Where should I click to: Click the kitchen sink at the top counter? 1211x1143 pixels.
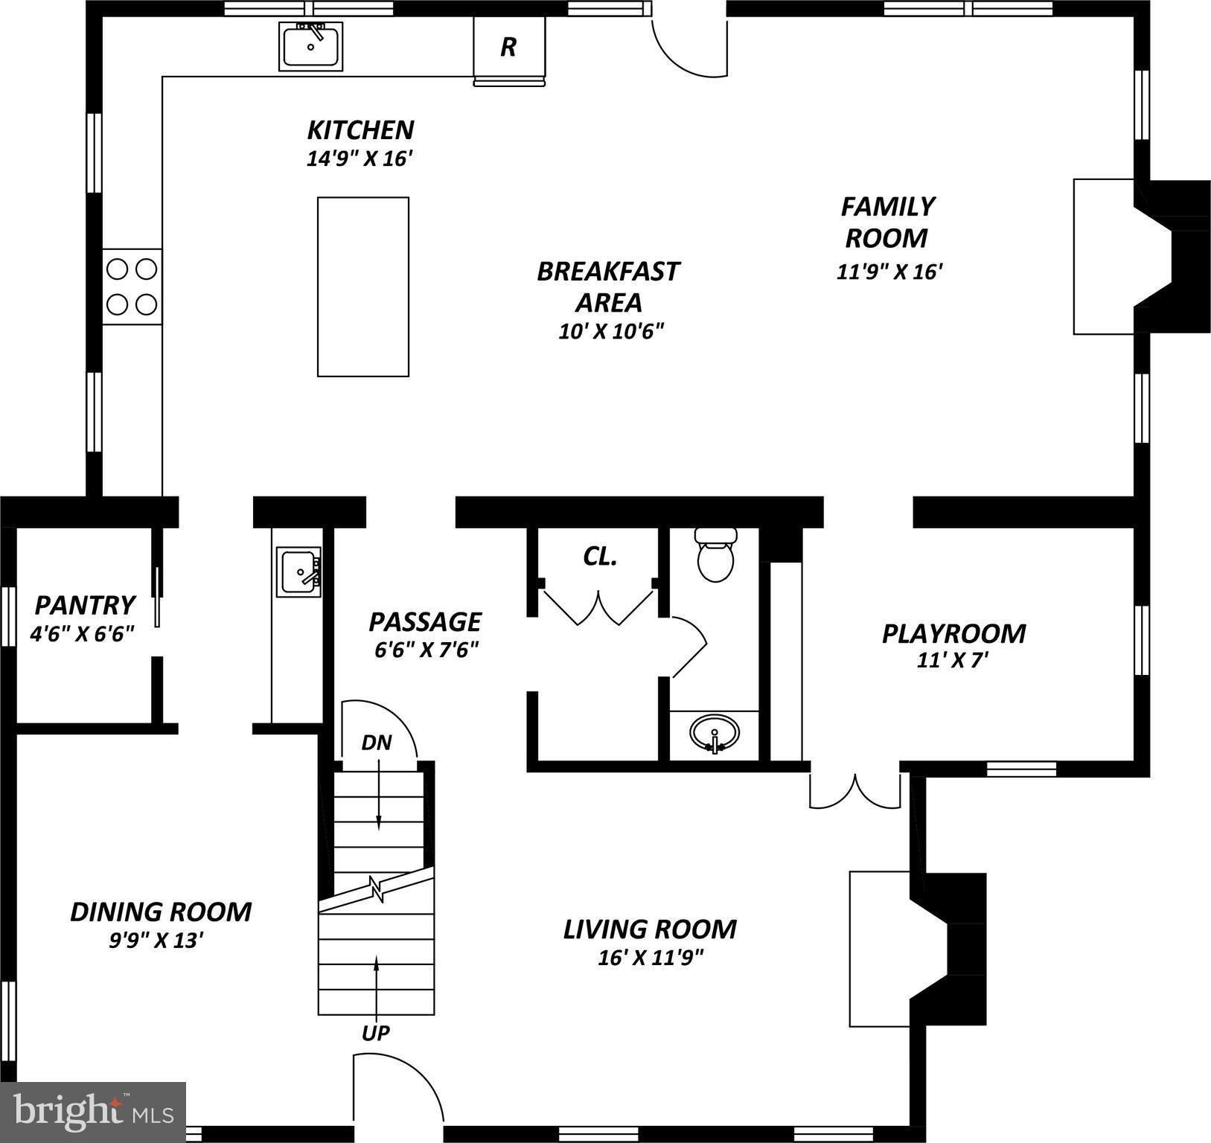tap(311, 46)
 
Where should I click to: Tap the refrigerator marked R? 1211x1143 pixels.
tap(509, 47)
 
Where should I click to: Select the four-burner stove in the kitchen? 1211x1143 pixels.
tap(132, 286)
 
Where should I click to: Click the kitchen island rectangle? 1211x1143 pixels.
tap(363, 286)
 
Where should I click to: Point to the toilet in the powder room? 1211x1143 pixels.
tap(715, 555)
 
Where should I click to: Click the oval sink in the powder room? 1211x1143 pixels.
tap(714, 733)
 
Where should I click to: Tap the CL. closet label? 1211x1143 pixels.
tap(599, 556)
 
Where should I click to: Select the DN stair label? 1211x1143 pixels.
tap(377, 743)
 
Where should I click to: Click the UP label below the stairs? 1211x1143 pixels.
tap(376, 1033)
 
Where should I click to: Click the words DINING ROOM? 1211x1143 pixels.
tap(161, 912)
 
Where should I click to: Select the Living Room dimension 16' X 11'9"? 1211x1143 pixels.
tap(651, 957)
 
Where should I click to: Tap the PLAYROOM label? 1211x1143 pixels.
tap(953, 634)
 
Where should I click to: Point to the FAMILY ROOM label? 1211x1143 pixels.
tap(886, 222)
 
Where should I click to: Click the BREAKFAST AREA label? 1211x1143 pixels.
tap(608, 286)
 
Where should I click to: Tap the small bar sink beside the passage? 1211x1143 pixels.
tap(299, 571)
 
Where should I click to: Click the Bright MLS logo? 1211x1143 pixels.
tap(93, 1112)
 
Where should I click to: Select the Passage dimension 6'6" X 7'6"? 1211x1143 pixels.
tap(426, 650)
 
